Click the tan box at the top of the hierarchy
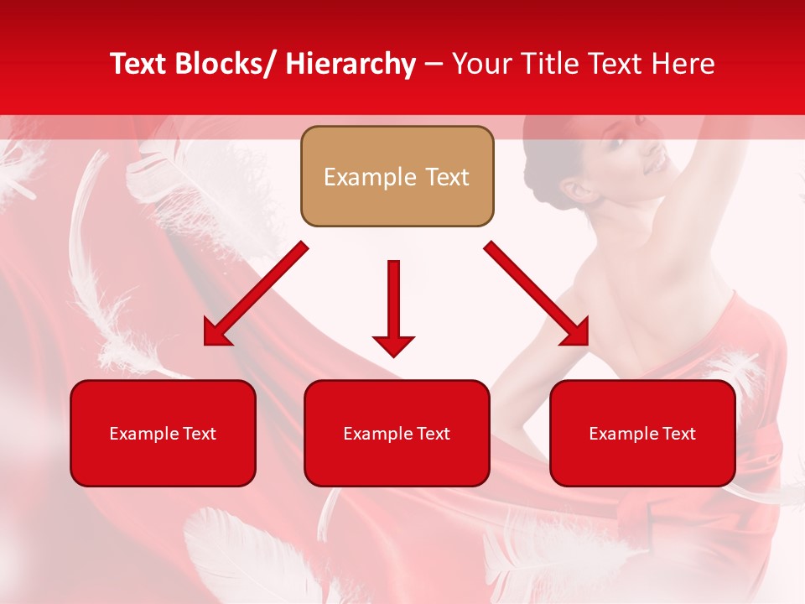click(x=397, y=176)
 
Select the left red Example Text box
click(x=163, y=433)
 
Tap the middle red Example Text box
click(x=397, y=433)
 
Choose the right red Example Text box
click(x=642, y=433)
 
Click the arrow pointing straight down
click(x=394, y=306)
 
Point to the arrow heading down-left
click(x=256, y=294)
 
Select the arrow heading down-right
click(x=537, y=294)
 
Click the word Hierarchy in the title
click(x=351, y=64)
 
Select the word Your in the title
click(x=480, y=64)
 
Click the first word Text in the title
click(x=140, y=64)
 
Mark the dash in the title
click(x=434, y=64)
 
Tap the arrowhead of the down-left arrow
click(x=216, y=334)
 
